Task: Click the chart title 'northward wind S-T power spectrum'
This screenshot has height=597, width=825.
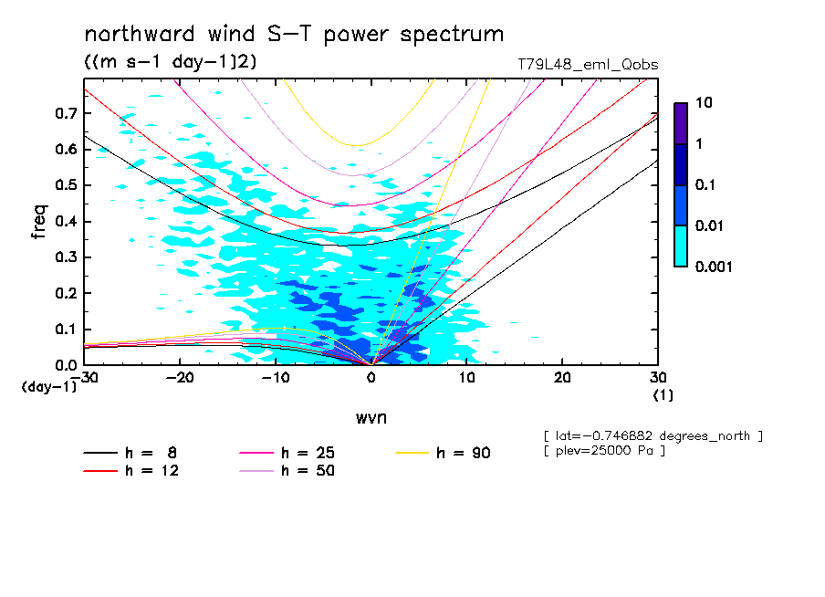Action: (294, 35)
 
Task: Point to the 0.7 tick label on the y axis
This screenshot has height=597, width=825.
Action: (64, 113)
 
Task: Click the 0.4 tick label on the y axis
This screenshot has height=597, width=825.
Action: (64, 221)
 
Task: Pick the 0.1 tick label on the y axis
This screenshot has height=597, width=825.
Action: (64, 329)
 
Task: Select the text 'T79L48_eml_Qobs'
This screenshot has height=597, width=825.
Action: (587, 65)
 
